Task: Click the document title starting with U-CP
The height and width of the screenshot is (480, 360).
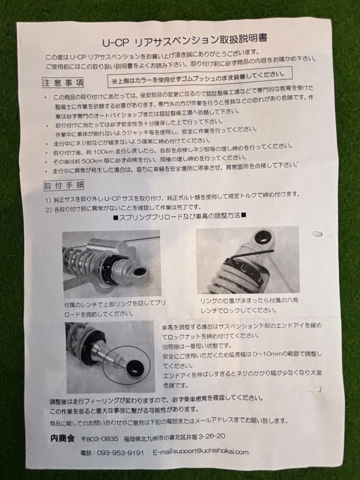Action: click(185, 40)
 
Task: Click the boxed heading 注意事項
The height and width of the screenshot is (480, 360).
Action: click(63, 83)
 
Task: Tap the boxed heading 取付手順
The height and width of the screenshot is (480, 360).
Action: click(64, 185)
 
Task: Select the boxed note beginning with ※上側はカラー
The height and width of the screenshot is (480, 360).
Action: click(200, 77)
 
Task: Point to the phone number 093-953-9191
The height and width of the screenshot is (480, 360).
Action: click(120, 453)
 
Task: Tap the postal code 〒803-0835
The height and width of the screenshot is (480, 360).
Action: click(100, 439)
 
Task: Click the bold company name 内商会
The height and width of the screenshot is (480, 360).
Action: click(63, 438)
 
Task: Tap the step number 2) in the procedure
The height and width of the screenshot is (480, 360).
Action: click(48, 210)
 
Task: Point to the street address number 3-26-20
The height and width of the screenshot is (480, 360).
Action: click(212, 436)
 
